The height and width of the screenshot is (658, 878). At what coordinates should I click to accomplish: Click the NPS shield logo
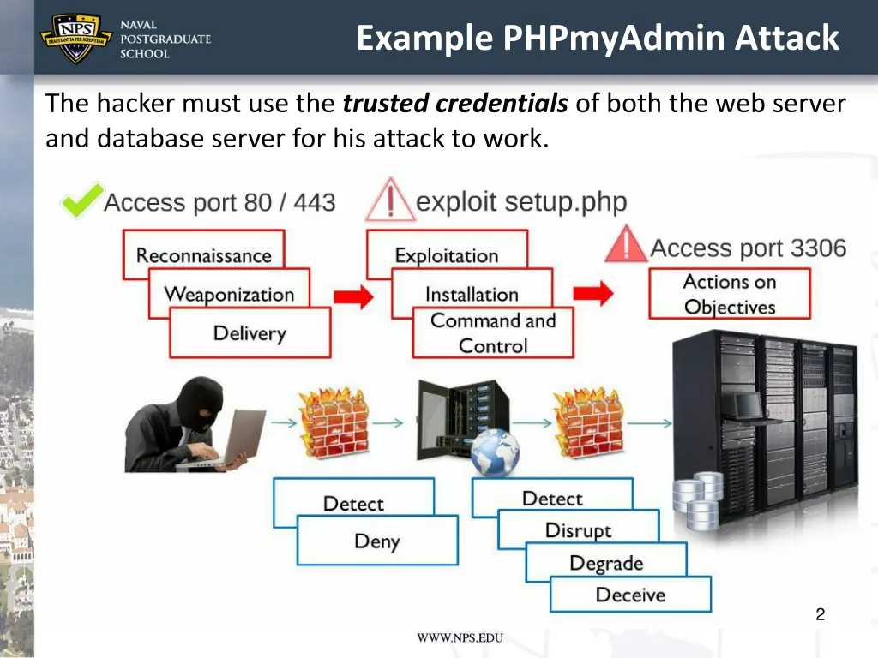(x=76, y=38)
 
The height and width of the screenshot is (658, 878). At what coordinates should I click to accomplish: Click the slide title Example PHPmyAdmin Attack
(x=598, y=39)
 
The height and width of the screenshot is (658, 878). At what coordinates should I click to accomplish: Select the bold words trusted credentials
(x=454, y=105)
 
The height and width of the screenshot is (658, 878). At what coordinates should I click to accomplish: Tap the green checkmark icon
(x=81, y=201)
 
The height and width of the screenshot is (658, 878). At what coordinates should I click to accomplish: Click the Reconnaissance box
(x=203, y=254)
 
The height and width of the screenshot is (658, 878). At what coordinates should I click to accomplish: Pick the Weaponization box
(x=228, y=294)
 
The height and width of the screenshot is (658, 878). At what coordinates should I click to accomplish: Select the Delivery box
(x=250, y=332)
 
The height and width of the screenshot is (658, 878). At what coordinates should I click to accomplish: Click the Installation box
(x=472, y=294)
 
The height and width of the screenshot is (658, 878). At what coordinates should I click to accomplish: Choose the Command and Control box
(x=493, y=333)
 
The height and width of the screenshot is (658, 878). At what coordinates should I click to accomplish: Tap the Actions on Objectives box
(x=730, y=294)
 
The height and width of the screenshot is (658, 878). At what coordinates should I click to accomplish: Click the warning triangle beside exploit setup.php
(x=390, y=201)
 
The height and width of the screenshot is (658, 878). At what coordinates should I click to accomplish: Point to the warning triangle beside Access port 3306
(x=626, y=246)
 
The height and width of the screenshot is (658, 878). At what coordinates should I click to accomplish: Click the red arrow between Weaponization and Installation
(x=352, y=296)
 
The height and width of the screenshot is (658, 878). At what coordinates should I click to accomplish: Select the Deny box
(x=377, y=541)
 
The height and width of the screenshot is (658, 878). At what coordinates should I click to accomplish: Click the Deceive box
(x=630, y=595)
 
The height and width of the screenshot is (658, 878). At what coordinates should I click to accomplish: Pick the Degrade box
(x=605, y=563)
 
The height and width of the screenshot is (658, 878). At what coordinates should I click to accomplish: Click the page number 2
(x=820, y=613)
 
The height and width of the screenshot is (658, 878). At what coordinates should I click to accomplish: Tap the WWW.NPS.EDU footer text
(x=460, y=637)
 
